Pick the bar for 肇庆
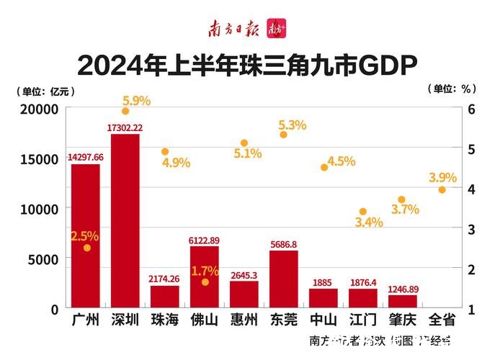click(403, 300)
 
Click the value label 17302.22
click(125, 127)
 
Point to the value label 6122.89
click(205, 240)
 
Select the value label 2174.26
click(165, 279)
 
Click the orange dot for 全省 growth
click(442, 190)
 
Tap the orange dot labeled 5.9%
click(125, 111)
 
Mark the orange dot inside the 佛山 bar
click(205, 282)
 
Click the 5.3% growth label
click(292, 125)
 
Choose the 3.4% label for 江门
click(368, 222)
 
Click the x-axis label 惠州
click(244, 319)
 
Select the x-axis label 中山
click(323, 319)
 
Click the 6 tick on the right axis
click(471, 109)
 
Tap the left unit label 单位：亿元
click(45, 91)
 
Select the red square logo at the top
click(276, 29)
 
